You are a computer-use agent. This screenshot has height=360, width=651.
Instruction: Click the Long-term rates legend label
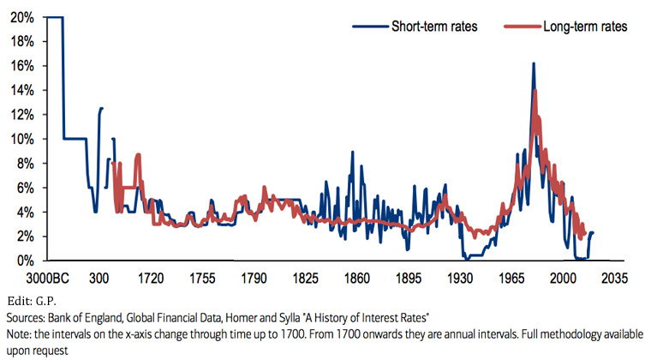point(585,27)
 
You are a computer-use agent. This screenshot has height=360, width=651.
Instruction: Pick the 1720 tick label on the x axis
point(151,279)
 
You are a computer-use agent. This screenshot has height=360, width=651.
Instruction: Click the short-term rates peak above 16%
point(533,64)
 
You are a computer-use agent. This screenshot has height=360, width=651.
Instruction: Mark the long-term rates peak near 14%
point(535,91)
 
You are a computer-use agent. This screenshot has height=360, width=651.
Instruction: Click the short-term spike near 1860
point(351,153)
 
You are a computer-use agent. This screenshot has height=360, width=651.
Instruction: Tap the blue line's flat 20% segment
point(55,17)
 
